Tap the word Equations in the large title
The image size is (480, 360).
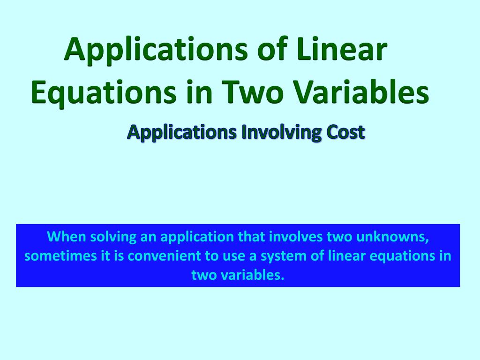pos(104,92)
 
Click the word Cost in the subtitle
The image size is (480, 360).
pos(345,132)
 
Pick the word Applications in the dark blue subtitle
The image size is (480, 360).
pos(182,133)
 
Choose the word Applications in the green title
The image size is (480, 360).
pos(156,50)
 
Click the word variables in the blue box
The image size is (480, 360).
pos(253,275)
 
